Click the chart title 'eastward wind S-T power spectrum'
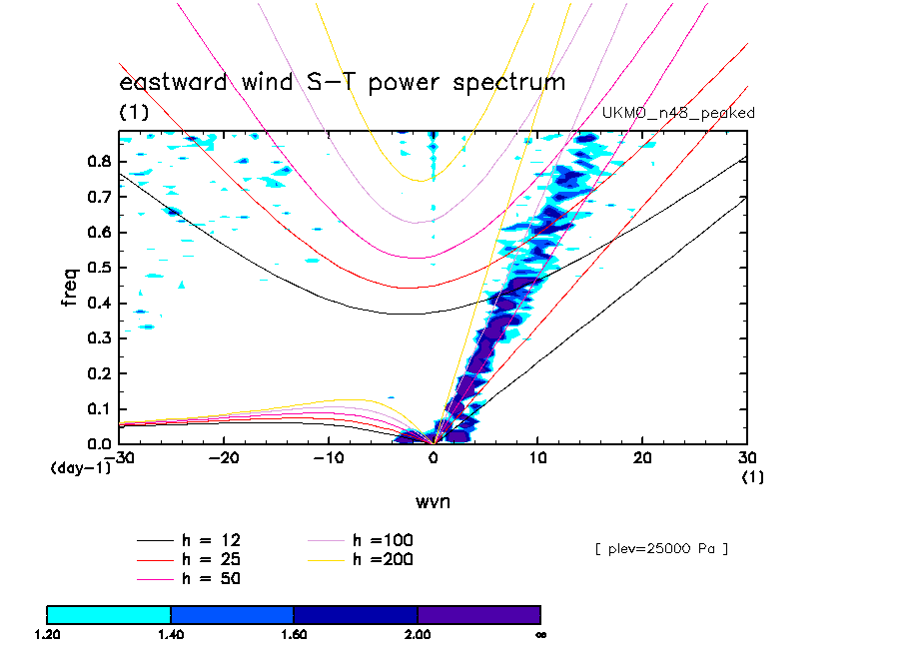pyautogui.click(x=342, y=82)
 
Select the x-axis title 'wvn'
pyautogui.click(x=433, y=502)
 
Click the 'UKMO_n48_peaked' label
pyautogui.click(x=677, y=113)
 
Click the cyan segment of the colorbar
pyautogui.click(x=109, y=614)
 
